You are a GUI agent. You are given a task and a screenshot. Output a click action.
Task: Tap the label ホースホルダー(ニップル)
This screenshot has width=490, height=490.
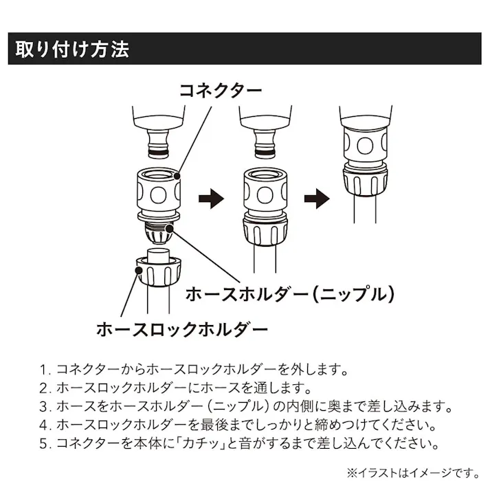[292, 294]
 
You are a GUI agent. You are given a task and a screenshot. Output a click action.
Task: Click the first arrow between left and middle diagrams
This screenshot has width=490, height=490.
[212, 199]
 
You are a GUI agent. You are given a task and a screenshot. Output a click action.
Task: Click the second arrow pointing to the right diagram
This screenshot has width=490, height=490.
[318, 199]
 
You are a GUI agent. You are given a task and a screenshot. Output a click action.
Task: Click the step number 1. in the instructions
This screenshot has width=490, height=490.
[46, 369]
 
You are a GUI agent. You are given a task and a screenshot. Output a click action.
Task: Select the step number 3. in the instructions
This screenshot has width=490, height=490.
[46, 406]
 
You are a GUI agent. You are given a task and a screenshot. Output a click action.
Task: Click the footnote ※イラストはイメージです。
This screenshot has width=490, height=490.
[422, 472]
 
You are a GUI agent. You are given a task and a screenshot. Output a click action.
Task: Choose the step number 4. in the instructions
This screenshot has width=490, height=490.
[46, 425]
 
